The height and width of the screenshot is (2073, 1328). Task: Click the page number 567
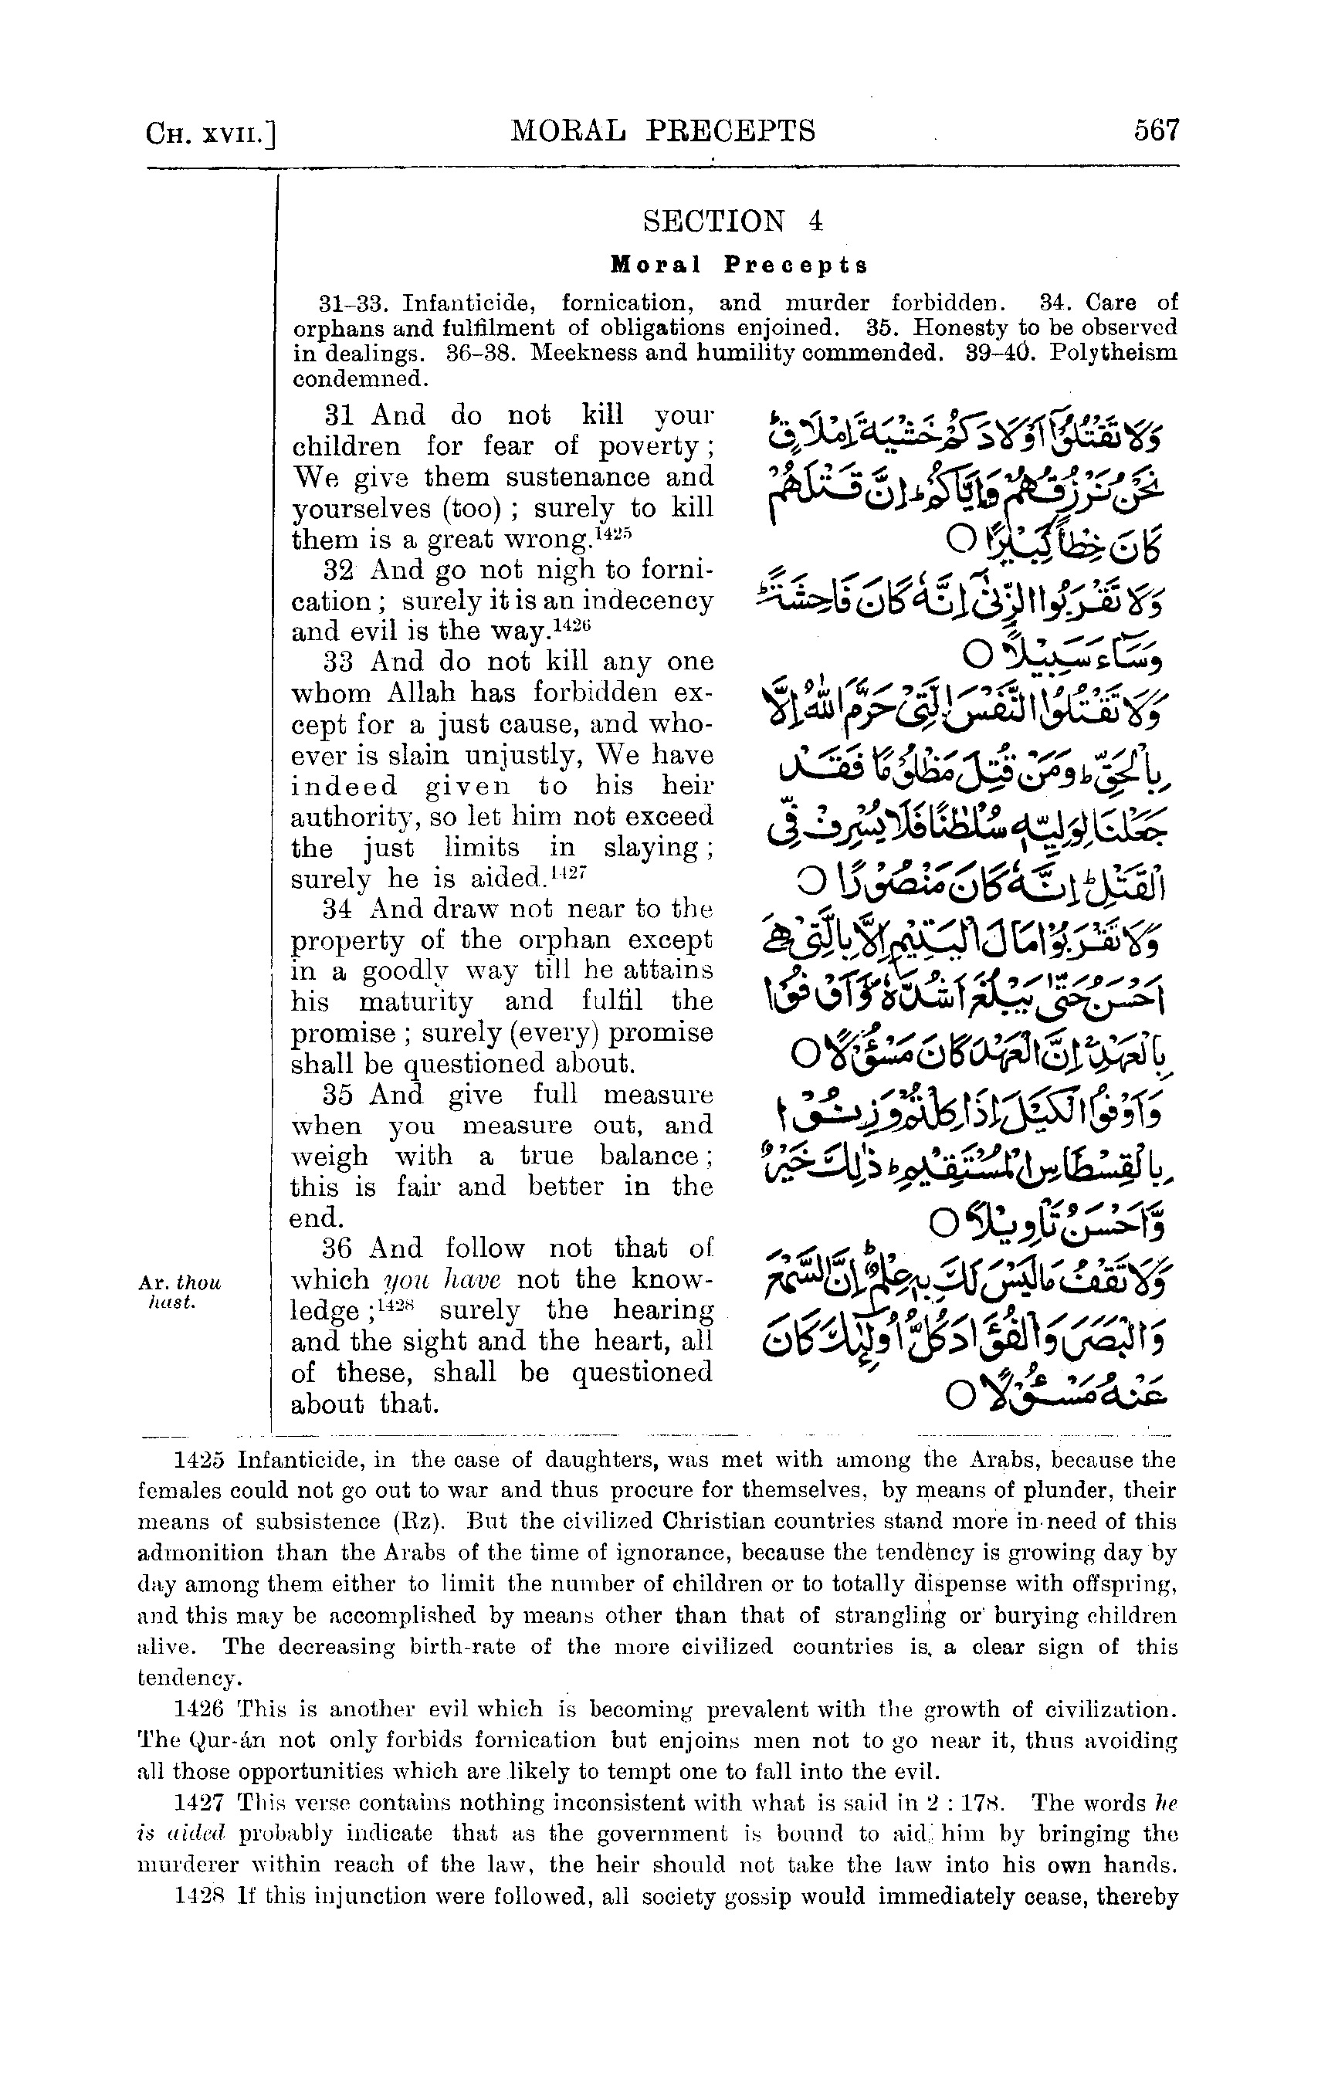tap(1156, 131)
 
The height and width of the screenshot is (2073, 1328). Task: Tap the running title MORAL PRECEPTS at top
tap(663, 131)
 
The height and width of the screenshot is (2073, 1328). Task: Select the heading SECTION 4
tap(733, 222)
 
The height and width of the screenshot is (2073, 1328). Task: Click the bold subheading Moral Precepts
tap(739, 265)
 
